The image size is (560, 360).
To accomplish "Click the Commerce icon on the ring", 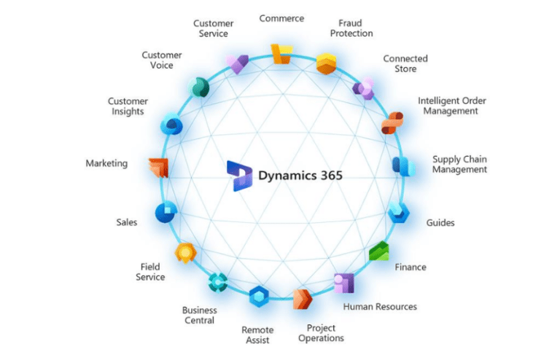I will point(281,54).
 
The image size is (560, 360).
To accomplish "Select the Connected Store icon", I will point(363,89).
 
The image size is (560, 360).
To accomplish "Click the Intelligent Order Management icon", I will point(392,122).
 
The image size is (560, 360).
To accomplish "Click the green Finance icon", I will point(378,251).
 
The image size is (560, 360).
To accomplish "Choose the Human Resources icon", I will point(343,282).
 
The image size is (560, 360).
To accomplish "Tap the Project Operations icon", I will point(303,299).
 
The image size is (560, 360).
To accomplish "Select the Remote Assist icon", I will point(259,297).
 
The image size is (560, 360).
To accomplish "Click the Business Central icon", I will point(218,281).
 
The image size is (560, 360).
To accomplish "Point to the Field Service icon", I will point(186,252).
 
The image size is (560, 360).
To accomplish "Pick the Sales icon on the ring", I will point(166,213).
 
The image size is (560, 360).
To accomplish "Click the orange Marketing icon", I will point(159,168).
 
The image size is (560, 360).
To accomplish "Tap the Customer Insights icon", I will point(172,125).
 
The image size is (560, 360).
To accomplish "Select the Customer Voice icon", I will point(199,88).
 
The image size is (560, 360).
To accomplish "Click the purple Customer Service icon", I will point(238,64).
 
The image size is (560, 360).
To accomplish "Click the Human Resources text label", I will point(379,307).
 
